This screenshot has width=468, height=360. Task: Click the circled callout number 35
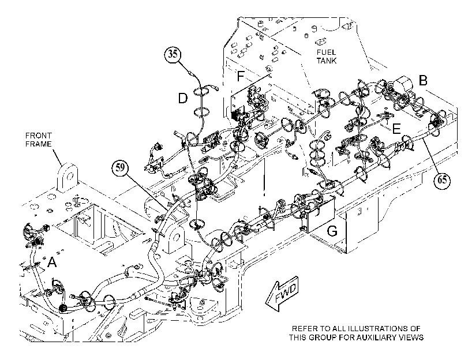(173, 54)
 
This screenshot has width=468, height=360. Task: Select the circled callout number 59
(120, 168)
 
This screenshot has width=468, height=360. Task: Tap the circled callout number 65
(442, 180)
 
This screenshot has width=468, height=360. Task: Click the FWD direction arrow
(282, 294)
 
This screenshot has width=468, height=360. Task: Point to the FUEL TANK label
(327, 57)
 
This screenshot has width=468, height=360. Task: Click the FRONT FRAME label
(39, 140)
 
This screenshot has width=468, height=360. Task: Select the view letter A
(53, 262)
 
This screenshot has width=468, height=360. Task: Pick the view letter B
(423, 80)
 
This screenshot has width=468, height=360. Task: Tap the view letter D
(183, 98)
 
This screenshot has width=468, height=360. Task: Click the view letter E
(396, 129)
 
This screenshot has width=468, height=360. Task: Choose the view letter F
(241, 76)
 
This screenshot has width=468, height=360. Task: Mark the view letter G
(332, 231)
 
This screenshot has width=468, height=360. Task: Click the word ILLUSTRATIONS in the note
(377, 329)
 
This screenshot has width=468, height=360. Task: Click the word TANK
(327, 61)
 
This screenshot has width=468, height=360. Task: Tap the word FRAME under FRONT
(39, 144)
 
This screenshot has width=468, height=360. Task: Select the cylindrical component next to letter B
(403, 84)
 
